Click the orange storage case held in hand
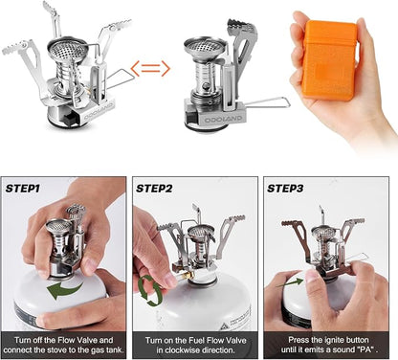(x=329, y=60)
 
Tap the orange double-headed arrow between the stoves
(x=150, y=68)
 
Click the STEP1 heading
(x=23, y=189)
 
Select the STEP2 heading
(x=154, y=189)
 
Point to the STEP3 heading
(x=285, y=189)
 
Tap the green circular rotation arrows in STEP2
(x=150, y=290)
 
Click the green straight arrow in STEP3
(x=290, y=282)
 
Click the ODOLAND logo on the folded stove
(x=223, y=120)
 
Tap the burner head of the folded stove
(x=206, y=47)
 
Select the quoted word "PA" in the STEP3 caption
(x=366, y=349)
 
